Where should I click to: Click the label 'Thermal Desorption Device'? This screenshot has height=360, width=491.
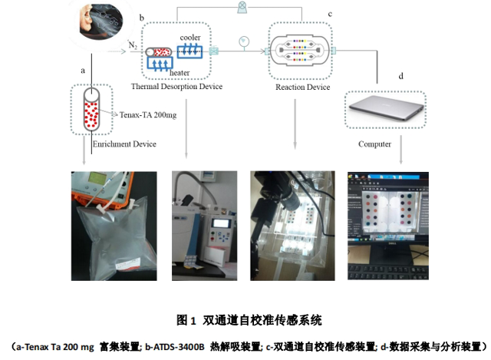[176, 87]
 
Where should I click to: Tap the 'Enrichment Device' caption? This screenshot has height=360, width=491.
[124, 144]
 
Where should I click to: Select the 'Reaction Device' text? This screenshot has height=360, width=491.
[302, 87]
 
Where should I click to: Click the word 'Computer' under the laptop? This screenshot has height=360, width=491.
[374, 144]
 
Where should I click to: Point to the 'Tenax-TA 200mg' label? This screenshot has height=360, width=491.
[149, 114]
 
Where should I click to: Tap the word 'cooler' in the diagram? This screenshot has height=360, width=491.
[190, 36]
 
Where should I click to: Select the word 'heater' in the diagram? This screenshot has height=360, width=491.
[181, 72]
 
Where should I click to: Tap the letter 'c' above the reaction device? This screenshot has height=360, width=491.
[330, 14]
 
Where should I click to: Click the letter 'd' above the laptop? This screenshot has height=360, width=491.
[401, 76]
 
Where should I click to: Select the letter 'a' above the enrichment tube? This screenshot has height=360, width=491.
[83, 70]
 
